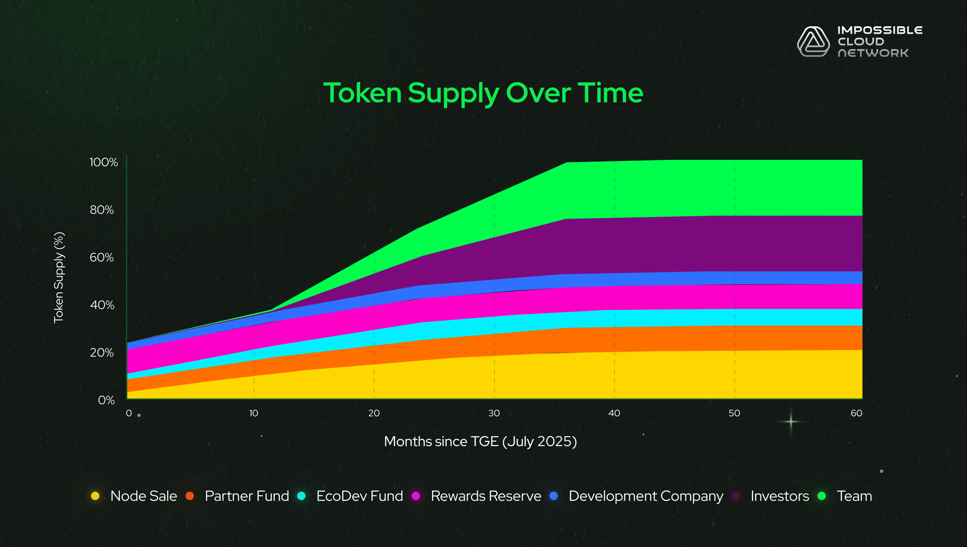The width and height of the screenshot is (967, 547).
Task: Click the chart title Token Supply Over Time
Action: pos(483,93)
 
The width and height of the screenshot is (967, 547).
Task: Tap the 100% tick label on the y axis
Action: pos(103,162)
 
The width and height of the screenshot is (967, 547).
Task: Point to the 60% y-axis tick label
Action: pos(102,258)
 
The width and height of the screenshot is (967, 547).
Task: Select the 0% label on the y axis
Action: pos(106,400)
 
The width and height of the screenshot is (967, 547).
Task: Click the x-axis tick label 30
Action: pos(494,413)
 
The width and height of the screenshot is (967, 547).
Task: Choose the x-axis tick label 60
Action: pos(856,413)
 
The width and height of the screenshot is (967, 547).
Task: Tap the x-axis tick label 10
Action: pos(254,413)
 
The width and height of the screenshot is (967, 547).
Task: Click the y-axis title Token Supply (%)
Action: pos(59,278)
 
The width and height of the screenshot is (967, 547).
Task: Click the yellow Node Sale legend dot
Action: pos(95,496)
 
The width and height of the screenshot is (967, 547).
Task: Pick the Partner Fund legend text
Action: pos(247,496)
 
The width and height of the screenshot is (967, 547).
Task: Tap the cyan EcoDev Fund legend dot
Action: pos(301,496)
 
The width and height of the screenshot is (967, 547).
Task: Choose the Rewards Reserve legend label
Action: pos(486,496)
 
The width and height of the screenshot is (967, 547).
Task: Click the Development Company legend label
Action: pos(646,496)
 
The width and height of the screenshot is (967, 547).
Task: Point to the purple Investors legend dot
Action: pos(736,496)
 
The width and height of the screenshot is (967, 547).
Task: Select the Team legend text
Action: pos(854,496)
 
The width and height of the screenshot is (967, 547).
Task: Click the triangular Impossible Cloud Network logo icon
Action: pos(813,42)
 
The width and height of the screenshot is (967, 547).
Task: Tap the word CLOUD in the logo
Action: pos(861,41)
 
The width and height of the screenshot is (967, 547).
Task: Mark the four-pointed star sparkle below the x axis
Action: pos(791,422)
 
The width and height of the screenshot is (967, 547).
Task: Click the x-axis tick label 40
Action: pos(614,413)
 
